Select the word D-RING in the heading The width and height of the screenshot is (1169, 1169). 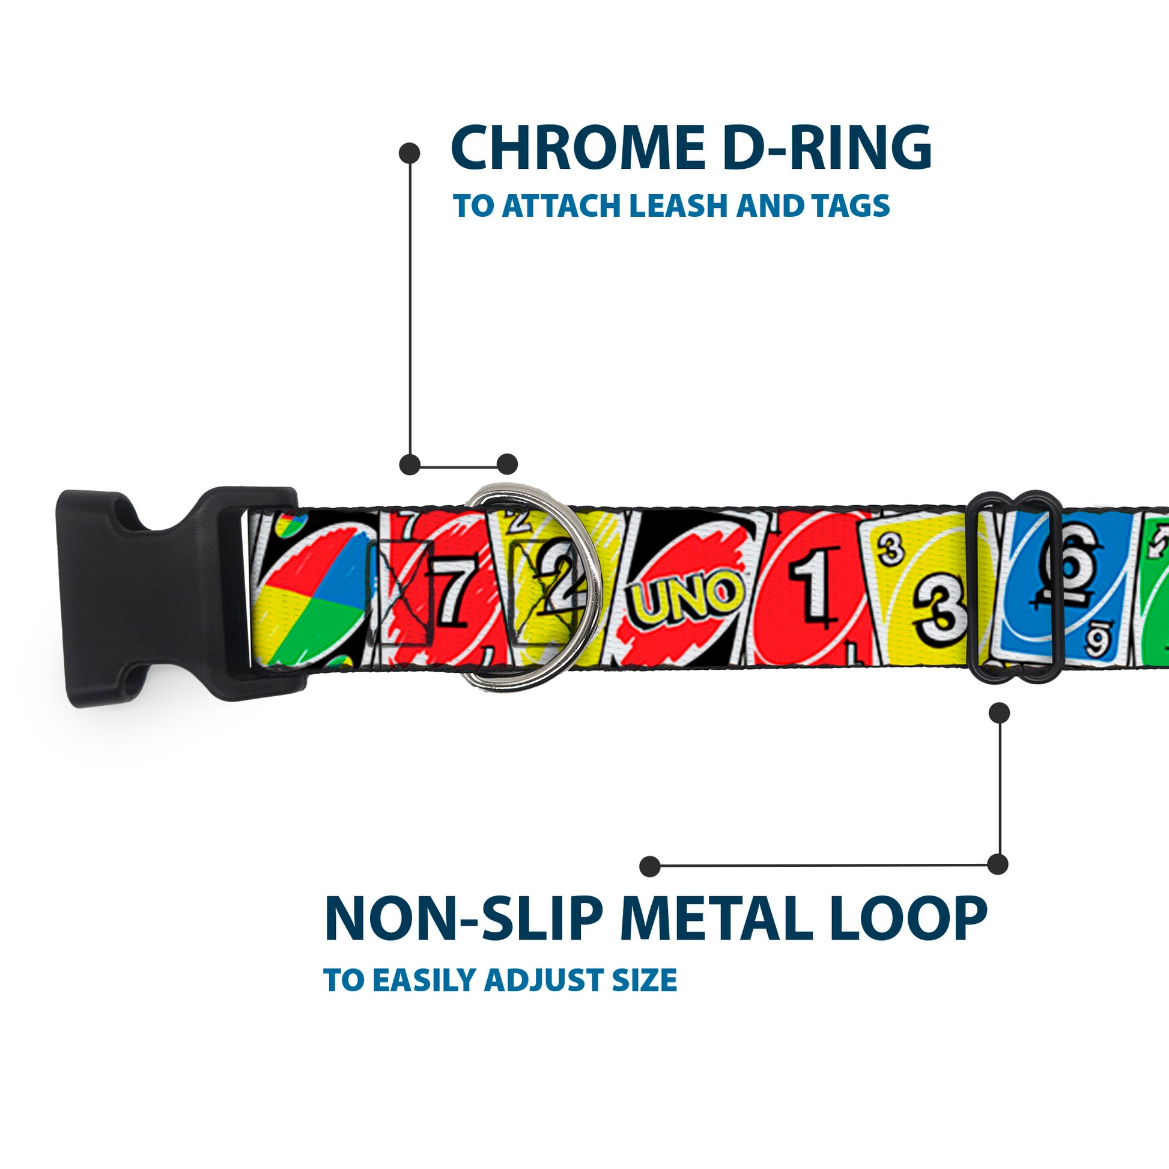point(827,149)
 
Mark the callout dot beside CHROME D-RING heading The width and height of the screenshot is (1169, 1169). point(410,153)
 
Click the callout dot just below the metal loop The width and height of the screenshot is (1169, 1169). point(999,713)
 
